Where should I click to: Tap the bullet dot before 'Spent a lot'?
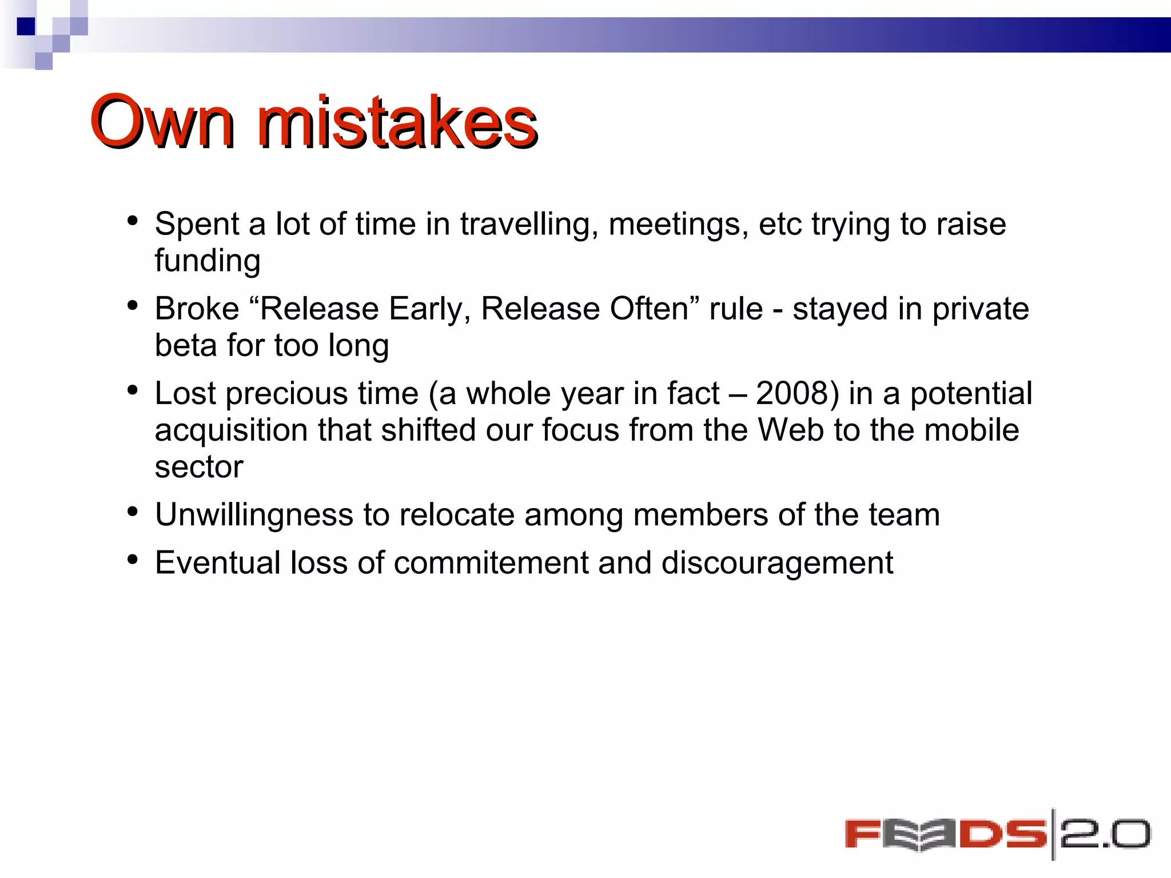pyautogui.click(x=133, y=221)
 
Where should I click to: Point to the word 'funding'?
pyautogui.click(x=208, y=261)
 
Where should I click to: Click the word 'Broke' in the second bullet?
pyautogui.click(x=197, y=309)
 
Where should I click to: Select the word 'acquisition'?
pyautogui.click(x=231, y=430)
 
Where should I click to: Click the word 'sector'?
pyautogui.click(x=198, y=467)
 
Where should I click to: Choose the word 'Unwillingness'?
pyautogui.click(x=254, y=514)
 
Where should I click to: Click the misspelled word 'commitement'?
pyautogui.click(x=491, y=562)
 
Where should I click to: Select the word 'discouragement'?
pyautogui.click(x=776, y=564)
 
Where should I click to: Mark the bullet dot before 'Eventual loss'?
pyautogui.click(x=133, y=560)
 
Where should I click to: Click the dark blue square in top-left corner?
pyautogui.click(x=26, y=26)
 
